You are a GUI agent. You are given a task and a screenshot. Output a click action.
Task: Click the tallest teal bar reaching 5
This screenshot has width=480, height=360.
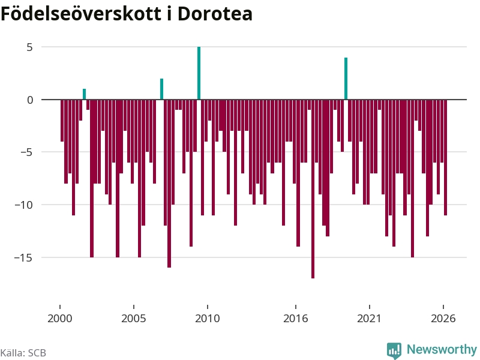coord(199,73)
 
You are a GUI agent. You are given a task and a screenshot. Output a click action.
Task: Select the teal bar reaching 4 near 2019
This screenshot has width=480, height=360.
coord(346,79)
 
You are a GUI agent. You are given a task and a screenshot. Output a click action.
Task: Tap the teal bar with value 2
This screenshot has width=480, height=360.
coord(161,89)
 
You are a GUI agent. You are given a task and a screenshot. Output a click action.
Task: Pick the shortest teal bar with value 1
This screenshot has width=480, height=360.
coord(84,94)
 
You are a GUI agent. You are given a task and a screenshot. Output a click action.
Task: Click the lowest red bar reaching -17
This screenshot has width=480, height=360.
coord(313,189)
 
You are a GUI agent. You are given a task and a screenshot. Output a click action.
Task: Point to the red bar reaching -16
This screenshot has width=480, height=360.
coord(169,184)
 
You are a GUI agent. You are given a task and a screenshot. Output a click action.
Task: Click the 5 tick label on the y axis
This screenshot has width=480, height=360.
coord(29,47)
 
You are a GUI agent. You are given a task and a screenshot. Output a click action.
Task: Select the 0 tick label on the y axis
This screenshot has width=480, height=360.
coord(30,100)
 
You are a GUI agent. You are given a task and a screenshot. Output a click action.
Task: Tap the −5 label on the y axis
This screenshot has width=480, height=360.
coord(26,152)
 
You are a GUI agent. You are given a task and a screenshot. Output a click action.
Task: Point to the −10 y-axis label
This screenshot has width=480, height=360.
coord(23,205)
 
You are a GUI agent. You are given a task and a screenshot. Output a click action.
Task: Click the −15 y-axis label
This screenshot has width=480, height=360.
coord(23,258)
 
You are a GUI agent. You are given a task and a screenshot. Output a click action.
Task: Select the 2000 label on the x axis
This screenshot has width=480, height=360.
coord(60,319)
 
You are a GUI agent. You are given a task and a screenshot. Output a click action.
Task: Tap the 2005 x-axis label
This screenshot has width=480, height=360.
coord(134,319)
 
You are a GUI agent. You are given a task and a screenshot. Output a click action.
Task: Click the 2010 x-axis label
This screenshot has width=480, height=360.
coord(208,319)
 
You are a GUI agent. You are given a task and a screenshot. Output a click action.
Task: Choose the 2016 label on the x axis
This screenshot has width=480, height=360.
coord(296,319)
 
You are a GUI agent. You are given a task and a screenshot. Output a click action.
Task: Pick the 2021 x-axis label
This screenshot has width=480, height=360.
coord(370,319)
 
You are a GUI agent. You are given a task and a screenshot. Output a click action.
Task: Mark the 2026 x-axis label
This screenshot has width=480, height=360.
coord(443,319)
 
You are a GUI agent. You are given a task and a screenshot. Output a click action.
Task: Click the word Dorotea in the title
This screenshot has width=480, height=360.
coord(215,14)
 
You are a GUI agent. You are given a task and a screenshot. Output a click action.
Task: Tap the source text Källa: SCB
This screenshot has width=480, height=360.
coord(23,353)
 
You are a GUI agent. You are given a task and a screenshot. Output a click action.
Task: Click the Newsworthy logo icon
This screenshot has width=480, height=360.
coord(394,350)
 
